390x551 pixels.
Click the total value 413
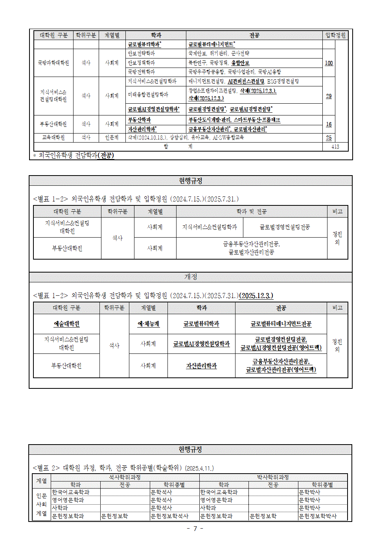(x=335, y=146)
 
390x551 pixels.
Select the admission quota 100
(x=329, y=63)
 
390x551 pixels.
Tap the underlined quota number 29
(x=329, y=96)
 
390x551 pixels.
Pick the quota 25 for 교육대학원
(x=329, y=137)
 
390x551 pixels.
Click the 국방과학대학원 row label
(x=53, y=63)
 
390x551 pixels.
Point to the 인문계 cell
(x=112, y=137)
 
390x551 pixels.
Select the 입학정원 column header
(x=335, y=35)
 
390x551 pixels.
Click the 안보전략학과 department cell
(x=142, y=53)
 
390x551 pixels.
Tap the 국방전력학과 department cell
(x=142, y=72)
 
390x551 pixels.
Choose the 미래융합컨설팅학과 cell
(x=148, y=95)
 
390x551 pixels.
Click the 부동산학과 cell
(x=140, y=120)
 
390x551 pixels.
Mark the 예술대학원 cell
(x=66, y=324)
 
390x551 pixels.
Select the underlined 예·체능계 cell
(x=148, y=324)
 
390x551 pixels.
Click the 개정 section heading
(x=191, y=277)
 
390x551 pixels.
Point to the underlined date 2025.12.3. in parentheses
(x=256, y=296)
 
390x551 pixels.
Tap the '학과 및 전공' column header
(x=252, y=212)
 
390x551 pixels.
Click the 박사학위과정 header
(x=273, y=477)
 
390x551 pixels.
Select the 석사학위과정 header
(x=125, y=477)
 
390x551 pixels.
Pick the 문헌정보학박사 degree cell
(x=318, y=516)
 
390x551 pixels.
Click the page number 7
(x=195, y=529)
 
